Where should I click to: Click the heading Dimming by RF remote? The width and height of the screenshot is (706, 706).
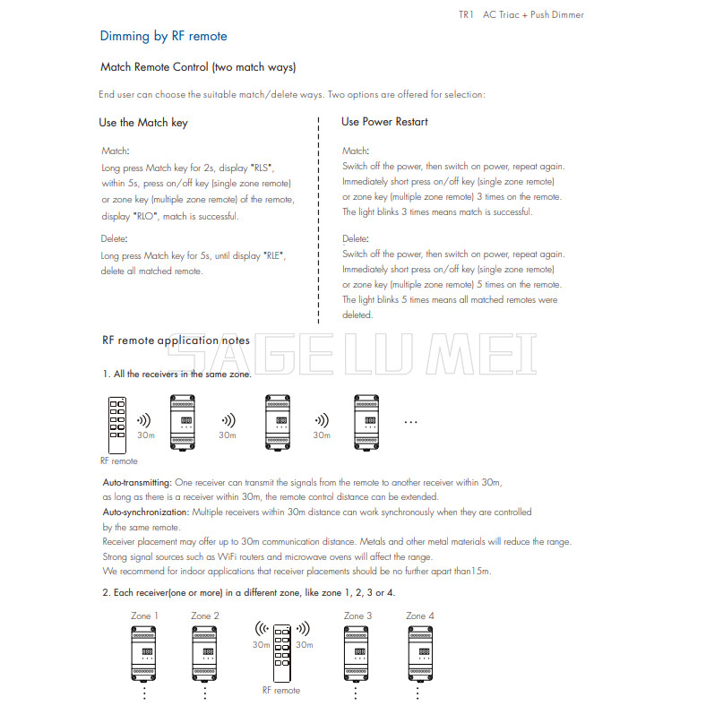[x=163, y=37]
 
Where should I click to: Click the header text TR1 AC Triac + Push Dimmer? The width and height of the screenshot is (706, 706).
[x=521, y=14]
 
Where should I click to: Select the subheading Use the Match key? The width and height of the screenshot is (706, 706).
[x=143, y=123]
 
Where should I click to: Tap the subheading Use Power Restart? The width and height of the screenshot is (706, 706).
[x=384, y=122]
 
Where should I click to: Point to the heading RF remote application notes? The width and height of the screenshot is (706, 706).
[x=176, y=340]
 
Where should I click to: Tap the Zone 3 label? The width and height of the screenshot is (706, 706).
[x=358, y=616]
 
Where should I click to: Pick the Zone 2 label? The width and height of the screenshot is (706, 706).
[x=205, y=616]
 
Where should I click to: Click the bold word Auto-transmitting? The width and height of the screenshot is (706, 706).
[x=137, y=483]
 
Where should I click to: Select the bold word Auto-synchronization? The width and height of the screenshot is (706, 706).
[x=146, y=512]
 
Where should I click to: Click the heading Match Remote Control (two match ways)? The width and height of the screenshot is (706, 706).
[x=198, y=67]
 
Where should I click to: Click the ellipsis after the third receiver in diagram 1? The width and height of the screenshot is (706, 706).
[x=411, y=420]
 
